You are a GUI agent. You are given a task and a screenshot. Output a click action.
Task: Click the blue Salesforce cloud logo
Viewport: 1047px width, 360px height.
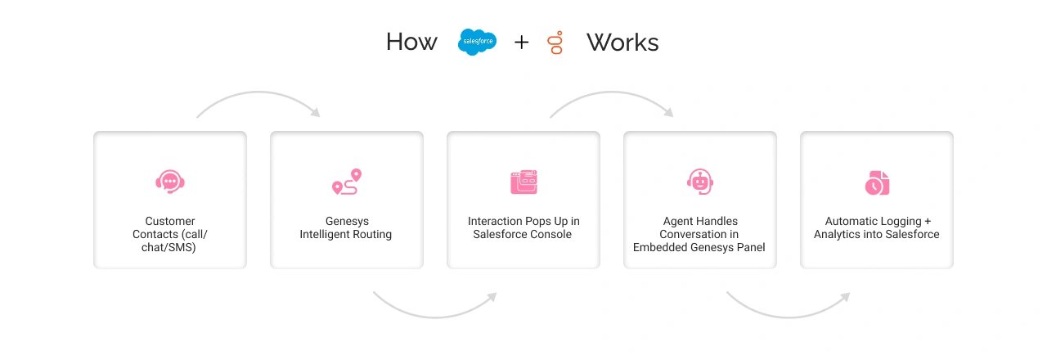[477, 42]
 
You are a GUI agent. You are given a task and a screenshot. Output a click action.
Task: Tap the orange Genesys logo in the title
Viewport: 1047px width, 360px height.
[556, 43]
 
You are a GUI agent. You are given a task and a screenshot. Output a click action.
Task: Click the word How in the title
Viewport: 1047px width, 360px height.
[411, 43]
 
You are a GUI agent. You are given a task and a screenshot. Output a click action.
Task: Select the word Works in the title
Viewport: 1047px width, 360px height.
[622, 43]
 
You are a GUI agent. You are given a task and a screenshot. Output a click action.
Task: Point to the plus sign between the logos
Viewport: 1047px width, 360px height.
[521, 43]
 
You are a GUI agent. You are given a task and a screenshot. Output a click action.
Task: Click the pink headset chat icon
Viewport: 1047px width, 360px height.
[170, 182]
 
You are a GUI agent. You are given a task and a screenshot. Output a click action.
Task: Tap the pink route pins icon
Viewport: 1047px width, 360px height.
[346, 182]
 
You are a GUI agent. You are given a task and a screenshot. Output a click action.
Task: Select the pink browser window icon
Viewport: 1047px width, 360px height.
[523, 182]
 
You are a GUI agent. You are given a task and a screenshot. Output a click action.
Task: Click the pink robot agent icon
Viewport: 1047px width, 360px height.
[699, 182]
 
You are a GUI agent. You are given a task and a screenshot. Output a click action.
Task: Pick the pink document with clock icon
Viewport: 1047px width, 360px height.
[876, 182]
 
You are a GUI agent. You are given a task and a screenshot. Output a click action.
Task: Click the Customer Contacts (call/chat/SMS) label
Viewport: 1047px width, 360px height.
[170, 234]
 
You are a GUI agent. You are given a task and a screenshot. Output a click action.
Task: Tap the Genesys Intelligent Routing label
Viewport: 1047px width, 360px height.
[346, 228]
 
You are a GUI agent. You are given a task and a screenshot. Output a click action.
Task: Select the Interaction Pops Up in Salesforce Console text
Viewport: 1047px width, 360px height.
[523, 228]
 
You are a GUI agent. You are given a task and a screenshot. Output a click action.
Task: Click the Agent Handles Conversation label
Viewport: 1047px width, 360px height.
[699, 234]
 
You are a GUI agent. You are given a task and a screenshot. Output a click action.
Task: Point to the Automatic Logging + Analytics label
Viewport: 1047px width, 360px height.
[876, 228]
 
